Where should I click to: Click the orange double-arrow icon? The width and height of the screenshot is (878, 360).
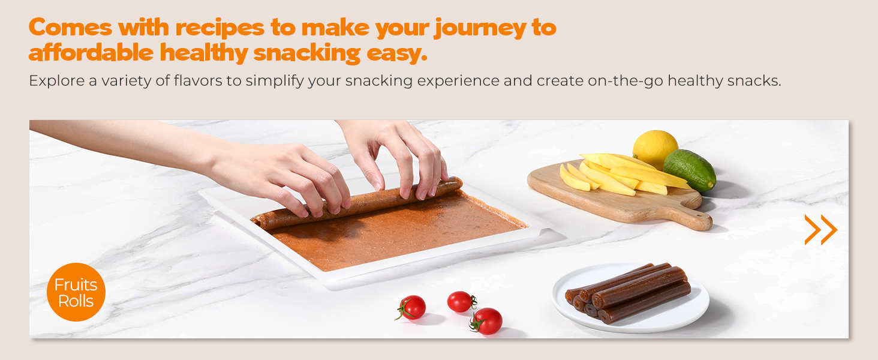821,230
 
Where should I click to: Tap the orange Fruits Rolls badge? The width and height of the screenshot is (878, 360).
76,292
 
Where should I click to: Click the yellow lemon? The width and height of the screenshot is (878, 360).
654,149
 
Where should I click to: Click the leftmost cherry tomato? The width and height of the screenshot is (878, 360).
411,307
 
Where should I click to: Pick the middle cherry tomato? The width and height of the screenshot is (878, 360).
461,302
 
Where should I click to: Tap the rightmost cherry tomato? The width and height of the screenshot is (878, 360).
486,321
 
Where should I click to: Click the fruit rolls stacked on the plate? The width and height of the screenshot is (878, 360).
628,293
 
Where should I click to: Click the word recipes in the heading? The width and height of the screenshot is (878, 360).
220,28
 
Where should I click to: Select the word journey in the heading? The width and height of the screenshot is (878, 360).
480,28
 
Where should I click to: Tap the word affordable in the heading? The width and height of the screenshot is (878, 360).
91,52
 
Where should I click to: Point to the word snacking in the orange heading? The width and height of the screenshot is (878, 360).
307,53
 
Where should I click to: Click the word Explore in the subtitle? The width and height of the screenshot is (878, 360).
57,81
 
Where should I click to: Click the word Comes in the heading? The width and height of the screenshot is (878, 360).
71,28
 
